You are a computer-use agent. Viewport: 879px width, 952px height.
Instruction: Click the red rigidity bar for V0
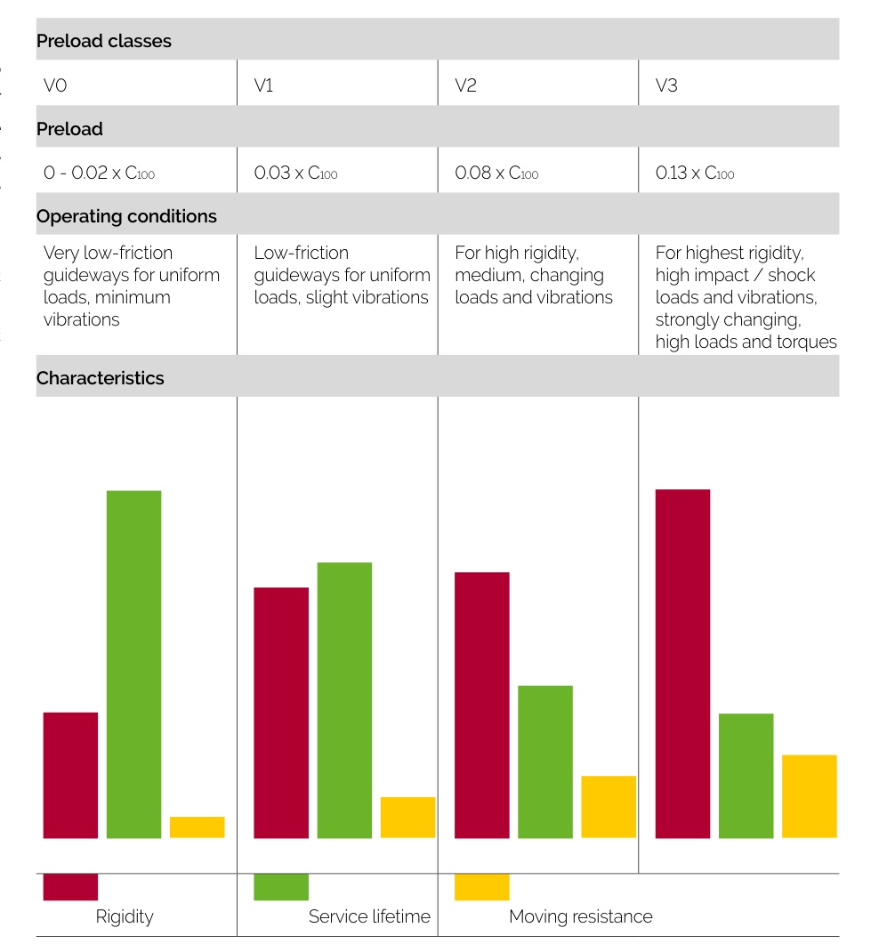click(70, 775)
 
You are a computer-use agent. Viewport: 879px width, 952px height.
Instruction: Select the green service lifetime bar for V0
click(133, 664)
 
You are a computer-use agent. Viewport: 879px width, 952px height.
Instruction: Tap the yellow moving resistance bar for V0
click(197, 827)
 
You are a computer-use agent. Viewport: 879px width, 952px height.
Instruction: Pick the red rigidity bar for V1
click(281, 713)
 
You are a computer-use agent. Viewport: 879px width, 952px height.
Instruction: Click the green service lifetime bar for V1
click(344, 700)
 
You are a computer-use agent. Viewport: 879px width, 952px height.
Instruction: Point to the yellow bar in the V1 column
click(407, 817)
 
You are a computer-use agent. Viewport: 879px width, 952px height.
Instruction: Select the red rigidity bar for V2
click(481, 705)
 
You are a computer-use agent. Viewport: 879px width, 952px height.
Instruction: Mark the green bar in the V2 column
click(544, 762)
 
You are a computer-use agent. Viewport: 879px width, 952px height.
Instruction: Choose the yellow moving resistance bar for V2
click(609, 807)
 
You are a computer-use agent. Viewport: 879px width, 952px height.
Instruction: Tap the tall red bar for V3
click(682, 664)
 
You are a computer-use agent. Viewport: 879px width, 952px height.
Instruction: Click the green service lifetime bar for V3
click(746, 776)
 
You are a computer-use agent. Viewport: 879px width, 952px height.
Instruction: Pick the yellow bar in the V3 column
click(809, 796)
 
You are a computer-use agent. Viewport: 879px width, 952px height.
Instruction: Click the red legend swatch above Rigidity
click(70, 887)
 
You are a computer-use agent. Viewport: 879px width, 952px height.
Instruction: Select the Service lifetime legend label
click(369, 916)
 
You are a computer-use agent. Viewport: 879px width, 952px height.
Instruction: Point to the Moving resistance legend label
click(580, 916)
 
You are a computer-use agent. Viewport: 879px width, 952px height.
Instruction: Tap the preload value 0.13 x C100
click(695, 173)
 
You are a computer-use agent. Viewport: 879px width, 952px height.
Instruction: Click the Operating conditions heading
click(126, 216)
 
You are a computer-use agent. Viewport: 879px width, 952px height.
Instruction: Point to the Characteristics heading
click(101, 378)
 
